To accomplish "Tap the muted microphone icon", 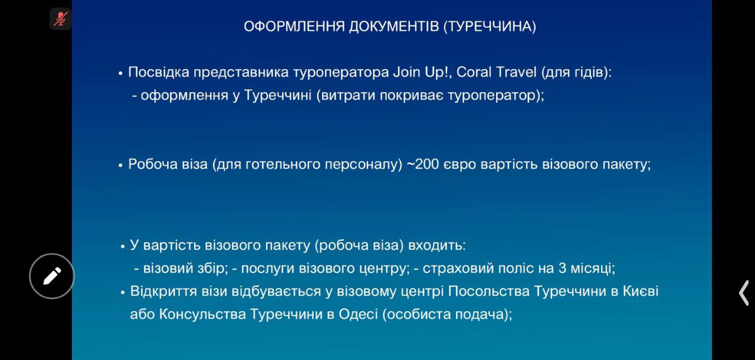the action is click(x=61, y=18).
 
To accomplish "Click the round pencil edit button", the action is click(x=52, y=276).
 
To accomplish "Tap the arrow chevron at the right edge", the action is click(x=744, y=293).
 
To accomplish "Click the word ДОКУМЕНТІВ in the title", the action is click(x=393, y=27).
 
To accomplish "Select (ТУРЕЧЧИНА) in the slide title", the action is click(x=490, y=27).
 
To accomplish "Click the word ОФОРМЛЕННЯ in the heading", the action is click(x=294, y=27).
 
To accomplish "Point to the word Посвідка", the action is click(x=159, y=72).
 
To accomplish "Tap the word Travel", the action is click(x=516, y=72).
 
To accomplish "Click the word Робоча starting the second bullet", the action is click(x=153, y=164).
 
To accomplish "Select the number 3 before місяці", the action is click(x=562, y=269).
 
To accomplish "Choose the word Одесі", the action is click(x=358, y=314).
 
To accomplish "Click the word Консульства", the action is click(x=202, y=315).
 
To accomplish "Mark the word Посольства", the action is click(x=489, y=291).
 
